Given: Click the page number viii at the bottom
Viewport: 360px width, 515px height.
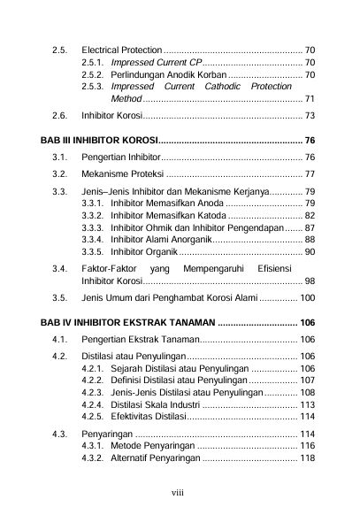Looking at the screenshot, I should [180, 486].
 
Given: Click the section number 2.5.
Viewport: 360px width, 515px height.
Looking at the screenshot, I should [60, 49].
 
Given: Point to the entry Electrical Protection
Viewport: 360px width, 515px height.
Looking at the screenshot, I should [121, 49].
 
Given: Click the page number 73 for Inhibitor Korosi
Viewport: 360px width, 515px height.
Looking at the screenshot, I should [310, 116].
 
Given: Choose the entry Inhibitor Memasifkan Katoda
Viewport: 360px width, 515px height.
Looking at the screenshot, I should [163, 215].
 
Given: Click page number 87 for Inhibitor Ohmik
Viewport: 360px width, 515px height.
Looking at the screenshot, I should [310, 227].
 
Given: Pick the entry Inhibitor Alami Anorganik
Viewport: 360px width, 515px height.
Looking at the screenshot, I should [160, 240].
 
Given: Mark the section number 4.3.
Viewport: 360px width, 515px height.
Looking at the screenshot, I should [60, 434].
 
